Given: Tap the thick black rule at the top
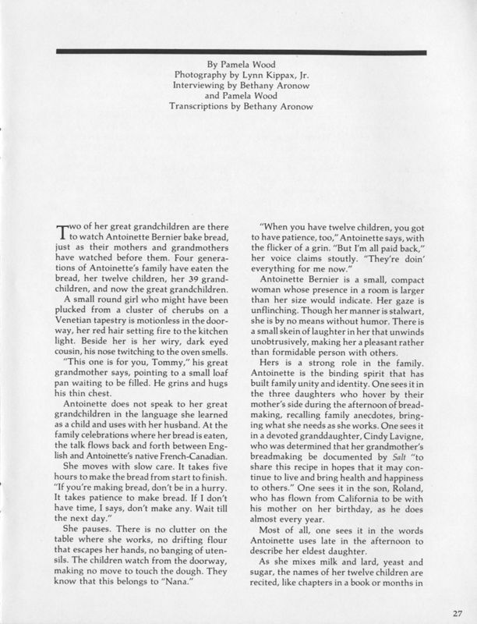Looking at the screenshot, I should (238, 51).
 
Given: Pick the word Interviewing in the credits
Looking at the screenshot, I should (204, 88).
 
